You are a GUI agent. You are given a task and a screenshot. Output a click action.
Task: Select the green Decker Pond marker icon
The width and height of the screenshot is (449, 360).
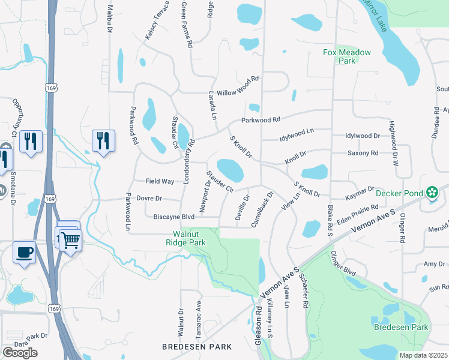point(432,193)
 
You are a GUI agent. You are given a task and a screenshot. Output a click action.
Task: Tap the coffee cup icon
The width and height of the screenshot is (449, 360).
point(24,253)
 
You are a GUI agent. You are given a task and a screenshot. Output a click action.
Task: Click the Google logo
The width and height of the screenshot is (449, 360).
point(20,353)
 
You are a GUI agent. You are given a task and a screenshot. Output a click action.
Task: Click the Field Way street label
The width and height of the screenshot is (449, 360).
point(160,181)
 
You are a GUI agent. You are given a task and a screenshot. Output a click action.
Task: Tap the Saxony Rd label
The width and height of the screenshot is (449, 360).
point(363,153)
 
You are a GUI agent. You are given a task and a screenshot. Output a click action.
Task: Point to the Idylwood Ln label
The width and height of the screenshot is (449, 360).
point(297,134)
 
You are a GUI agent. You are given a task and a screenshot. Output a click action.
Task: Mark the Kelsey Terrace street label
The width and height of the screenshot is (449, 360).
point(152,25)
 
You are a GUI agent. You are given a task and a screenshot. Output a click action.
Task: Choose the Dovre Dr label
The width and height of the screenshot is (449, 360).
point(149,198)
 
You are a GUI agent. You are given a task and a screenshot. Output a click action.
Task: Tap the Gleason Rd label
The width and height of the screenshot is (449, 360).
point(258,326)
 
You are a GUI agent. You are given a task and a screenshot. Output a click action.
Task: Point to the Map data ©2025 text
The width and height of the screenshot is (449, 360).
point(423,355)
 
